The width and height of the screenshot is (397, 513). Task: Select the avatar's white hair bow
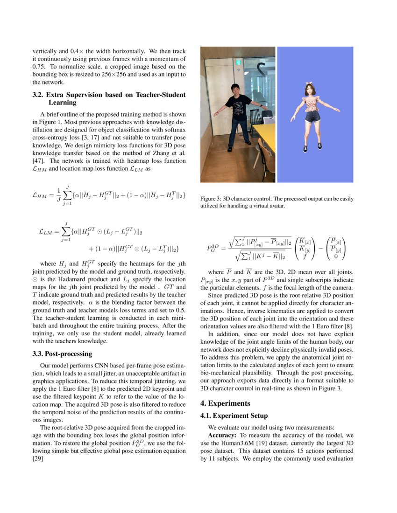coord(309,85)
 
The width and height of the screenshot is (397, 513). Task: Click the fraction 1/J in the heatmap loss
coord(58,196)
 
